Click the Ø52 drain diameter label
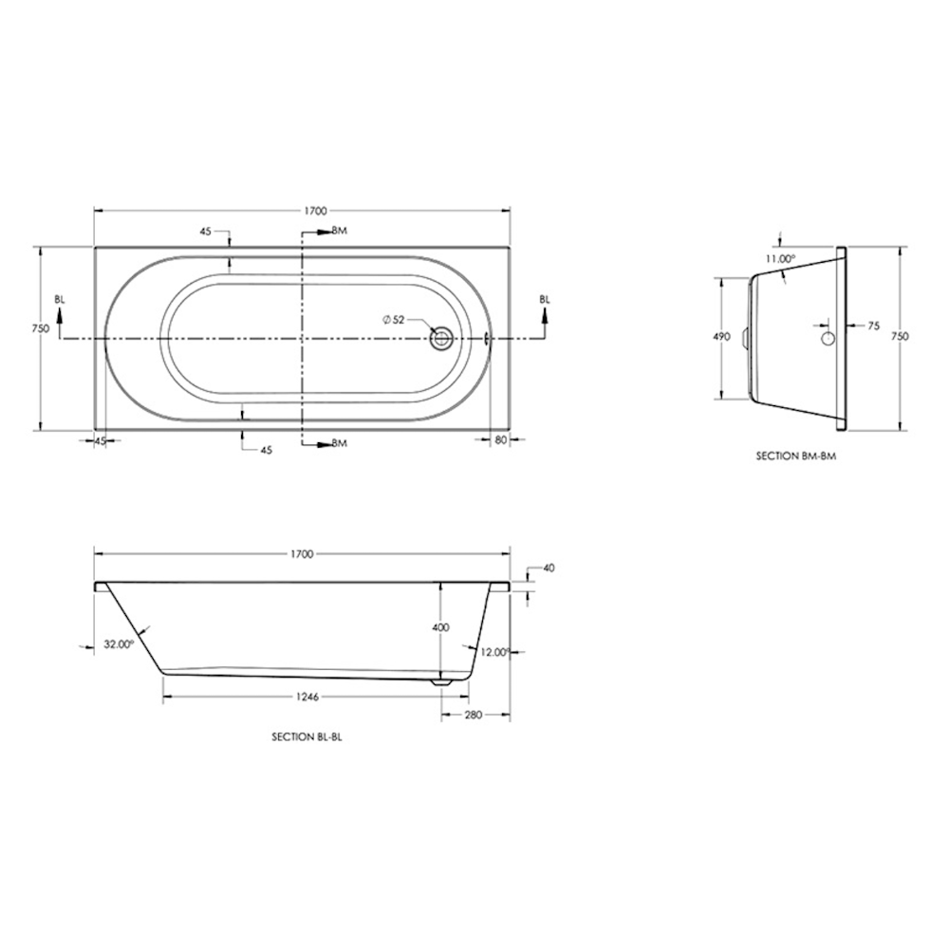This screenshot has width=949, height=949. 394,320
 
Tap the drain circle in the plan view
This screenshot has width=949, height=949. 440,337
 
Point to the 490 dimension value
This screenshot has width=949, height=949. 721,337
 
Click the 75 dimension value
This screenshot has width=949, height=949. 874,326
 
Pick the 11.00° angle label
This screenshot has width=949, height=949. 780,258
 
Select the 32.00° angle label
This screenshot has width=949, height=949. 119,644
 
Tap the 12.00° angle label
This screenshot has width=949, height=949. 495,652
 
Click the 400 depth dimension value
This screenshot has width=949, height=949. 440,627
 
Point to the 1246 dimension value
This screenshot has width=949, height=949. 306,697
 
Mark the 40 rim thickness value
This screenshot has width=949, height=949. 549,568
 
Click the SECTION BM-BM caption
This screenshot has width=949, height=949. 794,456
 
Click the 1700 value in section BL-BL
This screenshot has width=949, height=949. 304,553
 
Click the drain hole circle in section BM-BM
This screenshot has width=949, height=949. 828,338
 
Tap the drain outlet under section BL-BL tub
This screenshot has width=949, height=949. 439,679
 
